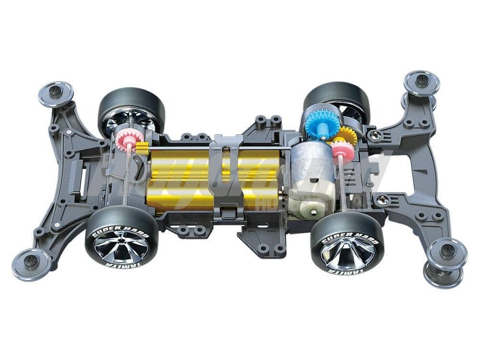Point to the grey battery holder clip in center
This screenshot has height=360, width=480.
pyautogui.click(x=226, y=178)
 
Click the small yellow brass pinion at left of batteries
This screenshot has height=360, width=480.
pyautogui.click(x=142, y=148)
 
